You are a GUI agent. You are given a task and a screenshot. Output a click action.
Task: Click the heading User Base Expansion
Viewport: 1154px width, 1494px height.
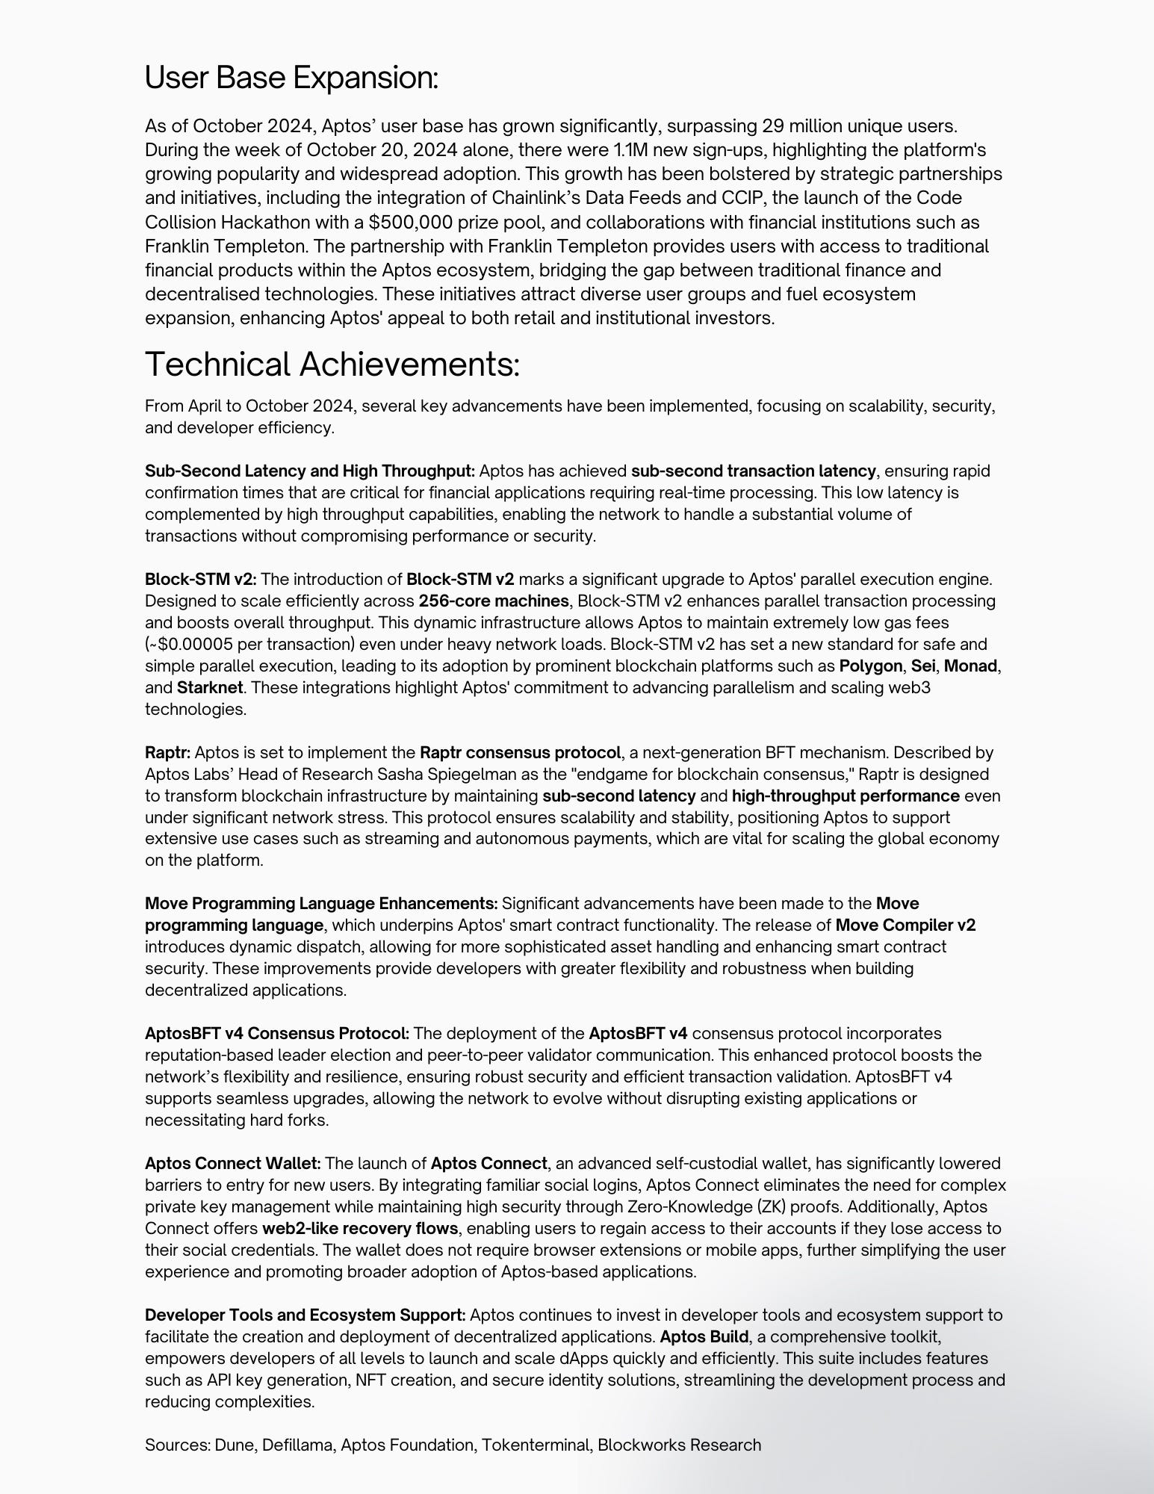[291, 78]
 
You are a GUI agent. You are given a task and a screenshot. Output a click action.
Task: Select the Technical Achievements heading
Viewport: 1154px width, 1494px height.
[332, 365]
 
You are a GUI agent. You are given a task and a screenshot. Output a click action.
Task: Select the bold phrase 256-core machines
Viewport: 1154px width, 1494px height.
[493, 601]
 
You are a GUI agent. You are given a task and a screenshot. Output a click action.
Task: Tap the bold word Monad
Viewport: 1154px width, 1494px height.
[970, 666]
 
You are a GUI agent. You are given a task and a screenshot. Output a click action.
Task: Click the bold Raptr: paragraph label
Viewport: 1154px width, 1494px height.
[168, 753]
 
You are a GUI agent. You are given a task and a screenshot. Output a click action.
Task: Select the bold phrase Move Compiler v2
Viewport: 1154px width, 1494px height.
[905, 926]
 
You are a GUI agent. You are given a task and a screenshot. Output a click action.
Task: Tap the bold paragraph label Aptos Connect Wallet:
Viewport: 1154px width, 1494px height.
[233, 1164]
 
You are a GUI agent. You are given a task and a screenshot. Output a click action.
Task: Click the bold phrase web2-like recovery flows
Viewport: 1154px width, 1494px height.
[360, 1229]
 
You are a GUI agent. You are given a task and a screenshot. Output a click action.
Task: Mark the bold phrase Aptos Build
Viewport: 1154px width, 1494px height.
[704, 1337]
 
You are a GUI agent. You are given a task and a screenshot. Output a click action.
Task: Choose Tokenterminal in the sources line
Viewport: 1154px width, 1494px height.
[535, 1445]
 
